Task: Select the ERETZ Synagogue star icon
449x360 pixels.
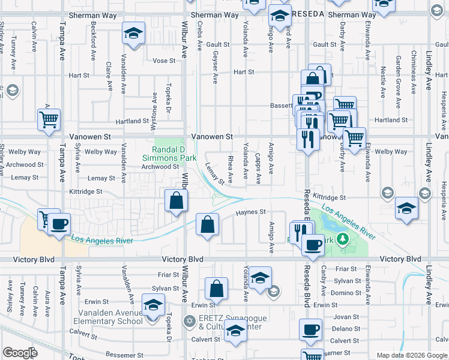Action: (191, 321)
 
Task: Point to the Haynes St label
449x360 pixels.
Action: (250, 212)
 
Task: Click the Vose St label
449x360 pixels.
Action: (164, 61)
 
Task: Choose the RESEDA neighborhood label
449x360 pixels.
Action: (308, 14)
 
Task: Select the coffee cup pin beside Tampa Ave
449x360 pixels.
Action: (59, 226)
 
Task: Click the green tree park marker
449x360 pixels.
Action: (342, 239)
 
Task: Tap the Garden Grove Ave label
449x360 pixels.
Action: (399, 71)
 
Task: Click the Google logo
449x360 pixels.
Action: (20, 353)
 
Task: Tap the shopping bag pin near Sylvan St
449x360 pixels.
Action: (216, 289)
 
